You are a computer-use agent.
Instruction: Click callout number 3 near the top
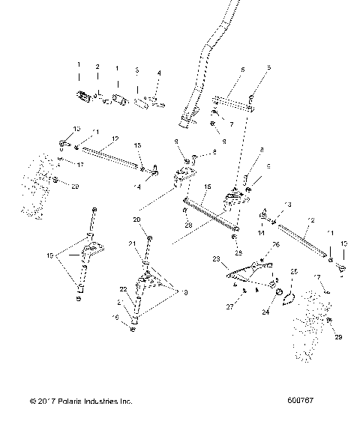pyautogui.click(x=136, y=70)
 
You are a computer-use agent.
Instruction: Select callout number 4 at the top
pyautogui.click(x=159, y=73)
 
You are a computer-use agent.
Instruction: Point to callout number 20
pyautogui.click(x=137, y=219)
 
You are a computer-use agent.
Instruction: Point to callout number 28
pyautogui.click(x=189, y=225)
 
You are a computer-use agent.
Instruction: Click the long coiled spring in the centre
pyautogui.click(x=210, y=215)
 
